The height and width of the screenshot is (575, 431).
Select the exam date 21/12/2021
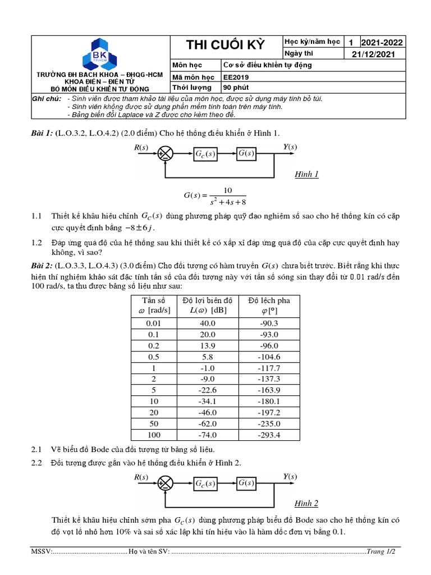click(x=373, y=54)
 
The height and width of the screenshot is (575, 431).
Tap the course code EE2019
click(x=237, y=77)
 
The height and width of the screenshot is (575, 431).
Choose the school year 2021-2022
click(x=382, y=43)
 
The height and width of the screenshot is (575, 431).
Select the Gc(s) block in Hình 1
click(x=205, y=153)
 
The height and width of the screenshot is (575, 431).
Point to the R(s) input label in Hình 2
click(x=141, y=477)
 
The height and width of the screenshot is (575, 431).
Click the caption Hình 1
click(x=306, y=174)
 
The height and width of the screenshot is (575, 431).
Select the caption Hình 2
click(x=306, y=503)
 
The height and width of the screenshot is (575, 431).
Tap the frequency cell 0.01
click(x=153, y=323)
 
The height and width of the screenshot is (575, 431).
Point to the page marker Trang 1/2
click(x=381, y=552)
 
